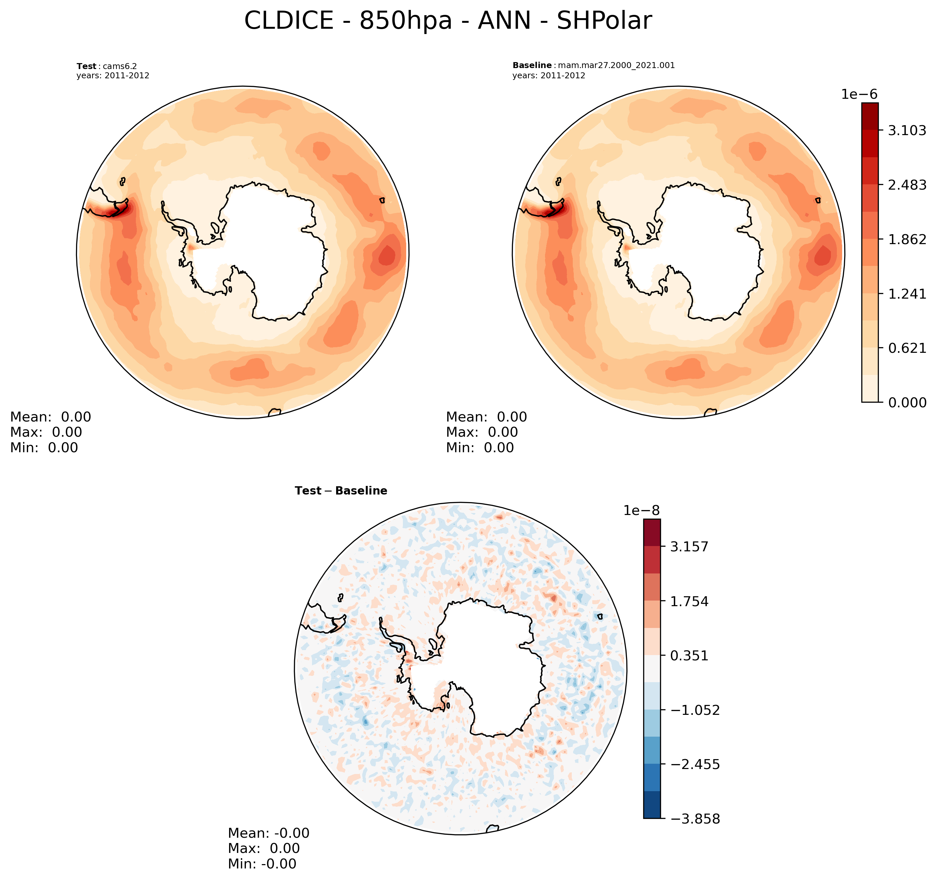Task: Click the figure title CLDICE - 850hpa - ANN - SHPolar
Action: pyautogui.click(x=448, y=21)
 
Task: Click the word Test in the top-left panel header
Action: pyautogui.click(x=86, y=66)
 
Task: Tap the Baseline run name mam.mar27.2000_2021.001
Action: pyautogui.click(x=616, y=65)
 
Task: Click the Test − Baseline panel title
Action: pyautogui.click(x=341, y=491)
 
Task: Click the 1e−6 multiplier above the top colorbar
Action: pyautogui.click(x=859, y=94)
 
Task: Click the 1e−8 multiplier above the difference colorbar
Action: pyautogui.click(x=642, y=510)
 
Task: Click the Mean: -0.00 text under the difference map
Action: pyautogui.click(x=269, y=833)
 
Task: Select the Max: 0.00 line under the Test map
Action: pyautogui.click(x=46, y=432)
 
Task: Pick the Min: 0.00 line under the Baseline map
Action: pyautogui.click(x=480, y=448)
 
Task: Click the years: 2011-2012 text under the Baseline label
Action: pyautogui.click(x=549, y=75)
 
